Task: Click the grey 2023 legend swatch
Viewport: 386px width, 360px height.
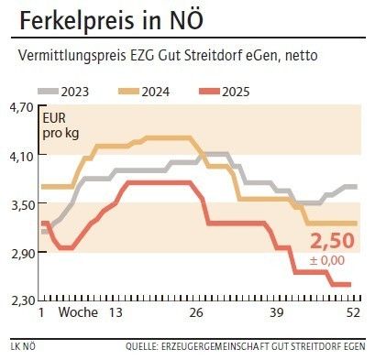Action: point(48,92)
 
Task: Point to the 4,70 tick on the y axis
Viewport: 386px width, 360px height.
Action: point(19,107)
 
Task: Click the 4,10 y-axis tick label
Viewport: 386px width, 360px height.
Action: point(19,156)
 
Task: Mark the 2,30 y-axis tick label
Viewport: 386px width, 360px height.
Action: point(19,300)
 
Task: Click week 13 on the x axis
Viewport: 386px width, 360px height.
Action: point(116,312)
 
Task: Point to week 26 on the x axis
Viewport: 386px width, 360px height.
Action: point(195,312)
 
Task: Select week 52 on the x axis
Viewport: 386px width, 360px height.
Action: point(353,312)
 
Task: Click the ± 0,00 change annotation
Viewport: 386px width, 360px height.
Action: point(328,261)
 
